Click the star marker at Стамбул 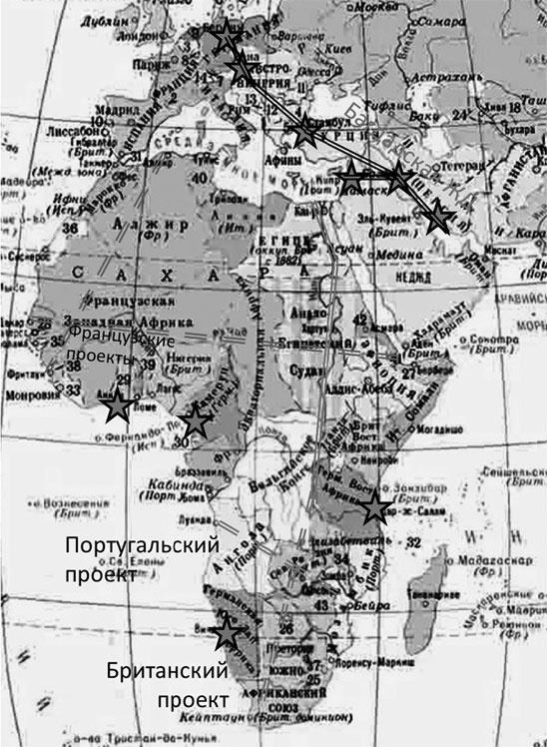(x=304, y=129)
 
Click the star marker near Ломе (x=118, y=405)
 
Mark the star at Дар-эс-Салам (x=374, y=507)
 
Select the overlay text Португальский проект (x=140, y=560)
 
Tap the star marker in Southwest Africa (x=228, y=630)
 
